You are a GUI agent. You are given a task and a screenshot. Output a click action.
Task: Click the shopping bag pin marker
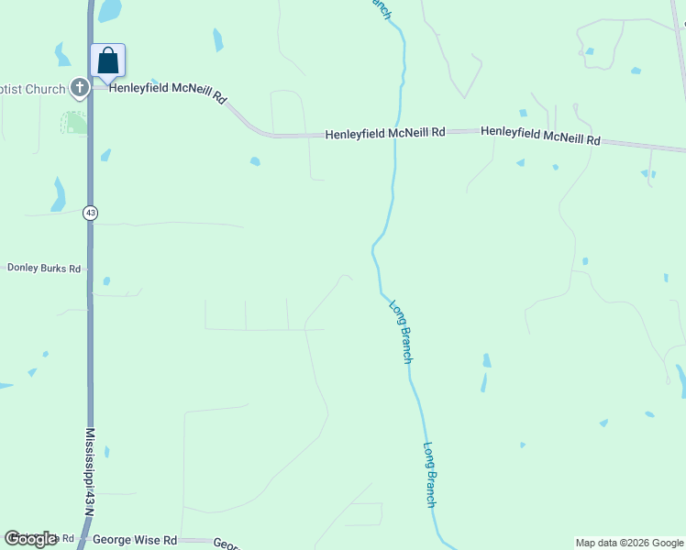point(107,61)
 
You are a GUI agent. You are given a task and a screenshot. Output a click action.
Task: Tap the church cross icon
point(80,88)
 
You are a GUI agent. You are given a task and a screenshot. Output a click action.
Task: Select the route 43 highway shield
point(89,213)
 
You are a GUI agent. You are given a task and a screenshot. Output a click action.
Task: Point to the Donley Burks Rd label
point(44,268)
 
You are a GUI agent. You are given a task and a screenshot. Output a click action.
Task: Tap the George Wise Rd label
point(134,542)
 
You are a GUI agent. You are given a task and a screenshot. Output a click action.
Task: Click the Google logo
point(30,539)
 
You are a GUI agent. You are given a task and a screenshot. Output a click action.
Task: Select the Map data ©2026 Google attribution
point(629,543)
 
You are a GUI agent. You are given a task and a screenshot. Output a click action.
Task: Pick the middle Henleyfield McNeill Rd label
point(385,134)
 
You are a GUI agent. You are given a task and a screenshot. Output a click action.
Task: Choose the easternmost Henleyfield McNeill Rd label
point(540,136)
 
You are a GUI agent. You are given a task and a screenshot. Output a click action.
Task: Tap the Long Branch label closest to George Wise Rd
point(429,475)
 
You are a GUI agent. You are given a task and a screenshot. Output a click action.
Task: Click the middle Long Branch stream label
point(401,332)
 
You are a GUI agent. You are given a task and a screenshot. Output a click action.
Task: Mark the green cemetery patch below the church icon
point(74,122)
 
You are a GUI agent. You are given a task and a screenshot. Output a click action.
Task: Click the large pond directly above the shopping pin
point(109,10)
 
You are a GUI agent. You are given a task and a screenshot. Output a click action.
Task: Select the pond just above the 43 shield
point(59,193)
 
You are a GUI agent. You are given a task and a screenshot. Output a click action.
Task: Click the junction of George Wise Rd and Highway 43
point(85,541)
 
